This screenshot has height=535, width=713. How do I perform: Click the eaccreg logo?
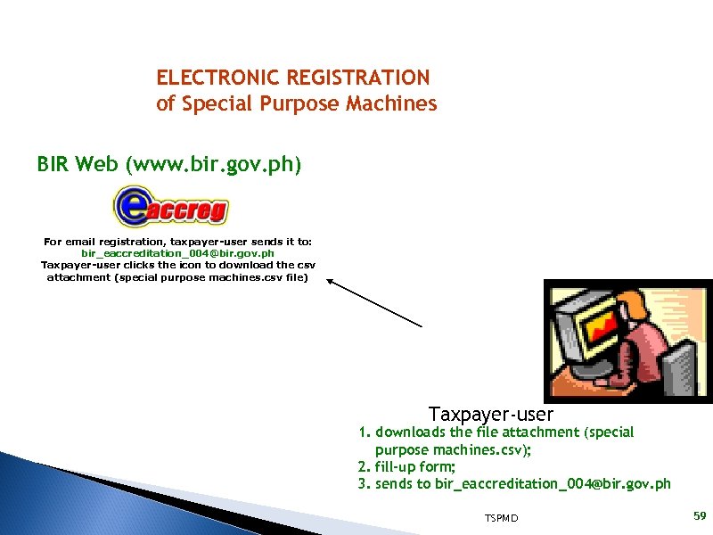pyautogui.click(x=170, y=207)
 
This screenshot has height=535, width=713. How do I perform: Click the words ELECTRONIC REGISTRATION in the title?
pyautogui.click(x=292, y=78)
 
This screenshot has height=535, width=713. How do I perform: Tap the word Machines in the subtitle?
pyautogui.click(x=393, y=103)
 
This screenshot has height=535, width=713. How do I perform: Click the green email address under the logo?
pyautogui.click(x=177, y=253)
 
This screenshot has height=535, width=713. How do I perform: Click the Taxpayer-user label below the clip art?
pyautogui.click(x=490, y=415)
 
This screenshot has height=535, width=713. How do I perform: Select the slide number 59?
pyautogui.click(x=699, y=516)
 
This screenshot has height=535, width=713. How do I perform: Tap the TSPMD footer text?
pyautogui.click(x=502, y=518)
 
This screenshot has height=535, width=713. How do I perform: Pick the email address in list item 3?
pyautogui.click(x=553, y=484)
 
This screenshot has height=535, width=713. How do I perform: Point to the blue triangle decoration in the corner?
pyautogui.click(x=53, y=499)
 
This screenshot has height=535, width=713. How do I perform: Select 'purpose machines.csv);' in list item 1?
pyautogui.click(x=454, y=449)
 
